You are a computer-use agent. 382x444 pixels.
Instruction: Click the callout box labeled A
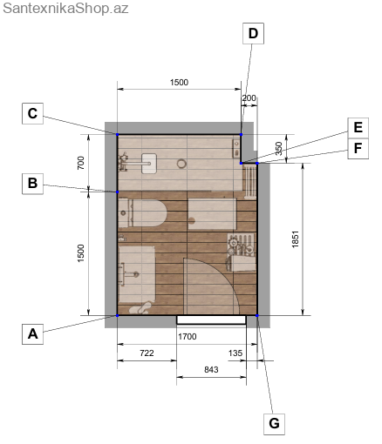tap(32, 334)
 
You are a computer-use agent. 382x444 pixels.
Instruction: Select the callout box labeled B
tap(32, 184)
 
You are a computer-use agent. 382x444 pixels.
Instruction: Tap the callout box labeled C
tap(32, 113)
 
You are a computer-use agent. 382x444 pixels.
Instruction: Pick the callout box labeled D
tap(253, 33)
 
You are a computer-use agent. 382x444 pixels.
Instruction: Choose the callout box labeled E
tap(358, 128)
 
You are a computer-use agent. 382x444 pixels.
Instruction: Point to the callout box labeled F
tap(358, 149)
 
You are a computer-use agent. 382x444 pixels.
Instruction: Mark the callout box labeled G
tap(274, 424)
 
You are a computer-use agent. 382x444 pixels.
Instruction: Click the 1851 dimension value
tap(295, 239)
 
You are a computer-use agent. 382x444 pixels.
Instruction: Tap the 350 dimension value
tap(278, 148)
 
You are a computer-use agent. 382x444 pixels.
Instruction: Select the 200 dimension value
tap(249, 98)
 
